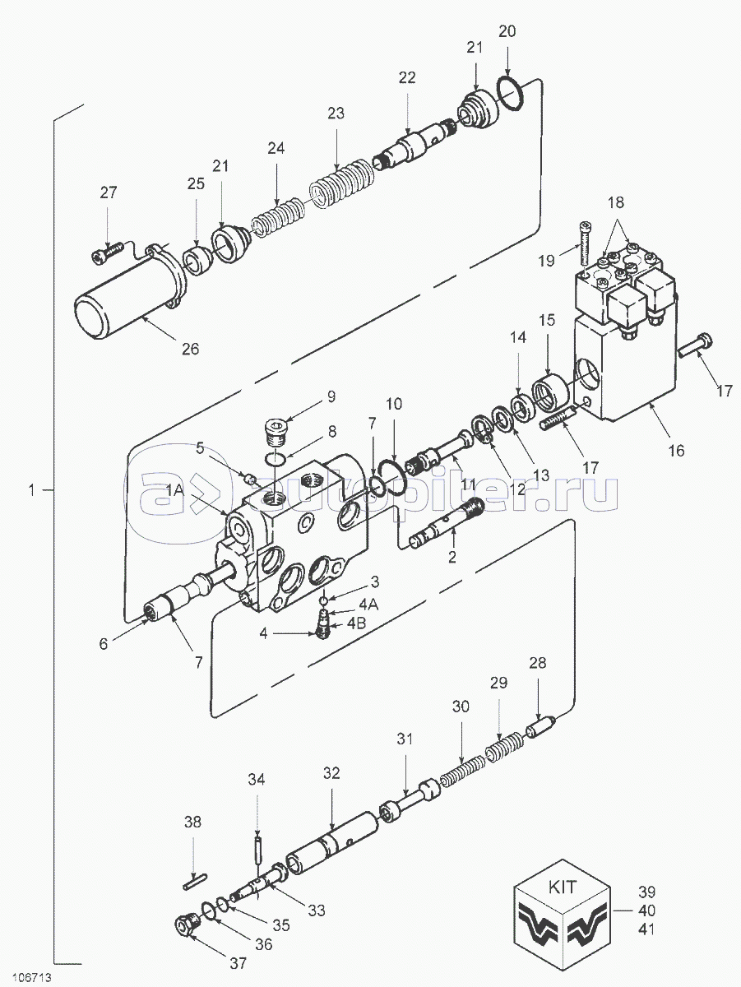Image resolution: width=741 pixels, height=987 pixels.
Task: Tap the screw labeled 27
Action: [108, 252]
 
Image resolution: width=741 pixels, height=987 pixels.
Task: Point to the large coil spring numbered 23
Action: [342, 186]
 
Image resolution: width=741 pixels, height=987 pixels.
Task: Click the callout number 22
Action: [407, 78]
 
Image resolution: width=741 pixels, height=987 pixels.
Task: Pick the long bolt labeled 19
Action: [585, 243]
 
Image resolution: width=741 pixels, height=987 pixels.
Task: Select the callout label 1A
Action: [175, 489]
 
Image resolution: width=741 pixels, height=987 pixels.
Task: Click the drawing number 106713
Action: [32, 975]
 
